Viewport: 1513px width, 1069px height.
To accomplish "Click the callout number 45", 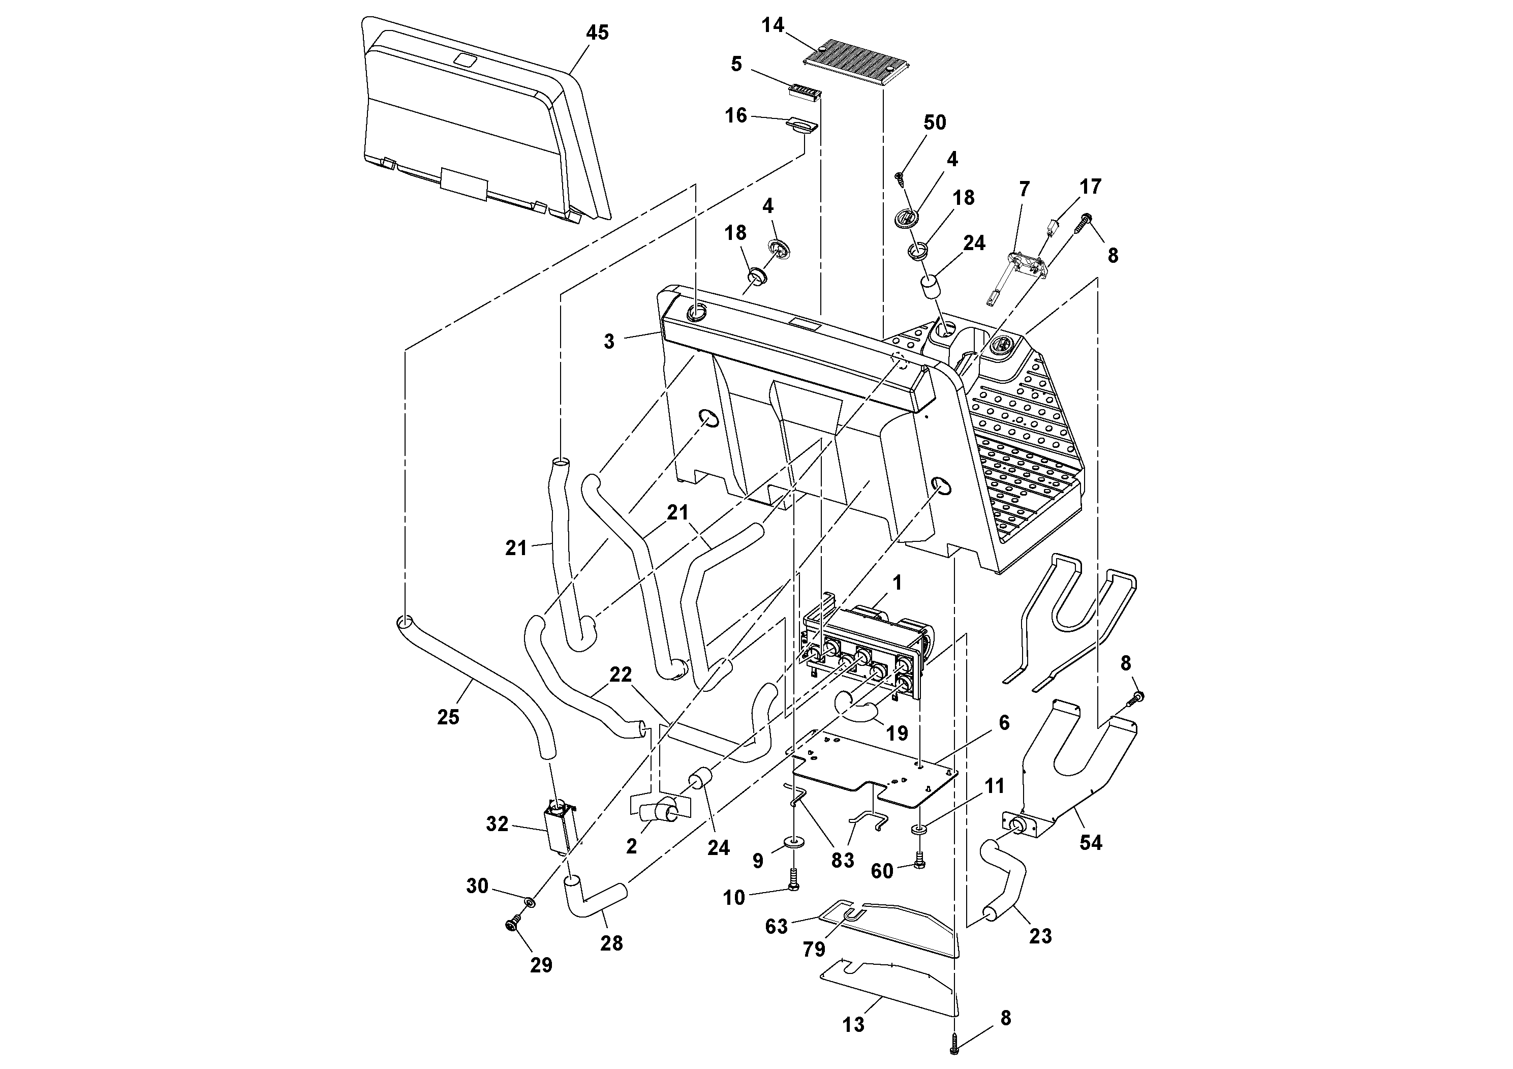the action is point(597,33).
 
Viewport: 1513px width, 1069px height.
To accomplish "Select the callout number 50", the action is point(935,122).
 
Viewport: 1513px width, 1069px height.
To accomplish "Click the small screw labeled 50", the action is point(900,176).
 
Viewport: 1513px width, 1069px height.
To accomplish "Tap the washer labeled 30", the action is point(529,901).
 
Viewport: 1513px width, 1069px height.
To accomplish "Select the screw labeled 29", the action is point(514,926).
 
